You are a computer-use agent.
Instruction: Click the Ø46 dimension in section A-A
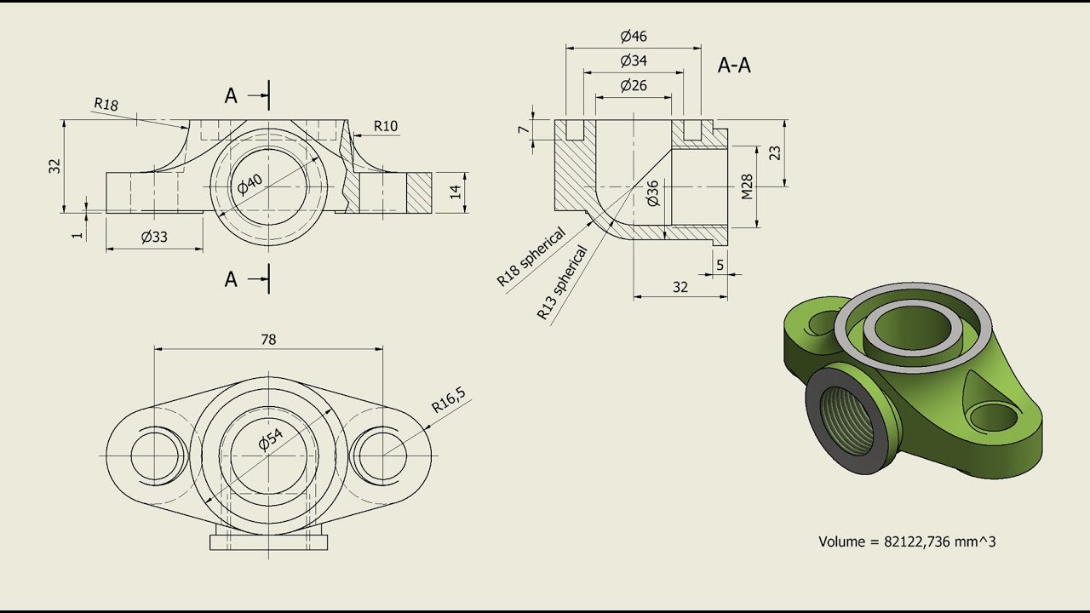(x=634, y=36)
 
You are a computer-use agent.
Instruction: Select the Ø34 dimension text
(x=634, y=60)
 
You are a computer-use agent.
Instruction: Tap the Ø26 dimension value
(x=634, y=85)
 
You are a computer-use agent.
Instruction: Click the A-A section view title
(x=734, y=66)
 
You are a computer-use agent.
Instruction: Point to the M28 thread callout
(x=747, y=186)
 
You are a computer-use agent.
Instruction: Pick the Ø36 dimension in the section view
(x=653, y=193)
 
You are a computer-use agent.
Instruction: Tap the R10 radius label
(x=386, y=126)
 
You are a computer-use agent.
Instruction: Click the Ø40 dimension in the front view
(x=251, y=184)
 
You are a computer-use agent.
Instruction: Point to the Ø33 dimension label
(x=154, y=238)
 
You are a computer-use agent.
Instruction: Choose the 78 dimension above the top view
(x=268, y=339)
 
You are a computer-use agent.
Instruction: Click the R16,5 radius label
(x=448, y=399)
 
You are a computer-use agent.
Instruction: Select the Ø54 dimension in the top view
(x=270, y=439)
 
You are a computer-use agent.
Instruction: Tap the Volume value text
(x=907, y=541)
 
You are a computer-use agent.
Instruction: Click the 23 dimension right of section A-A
(x=774, y=152)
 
